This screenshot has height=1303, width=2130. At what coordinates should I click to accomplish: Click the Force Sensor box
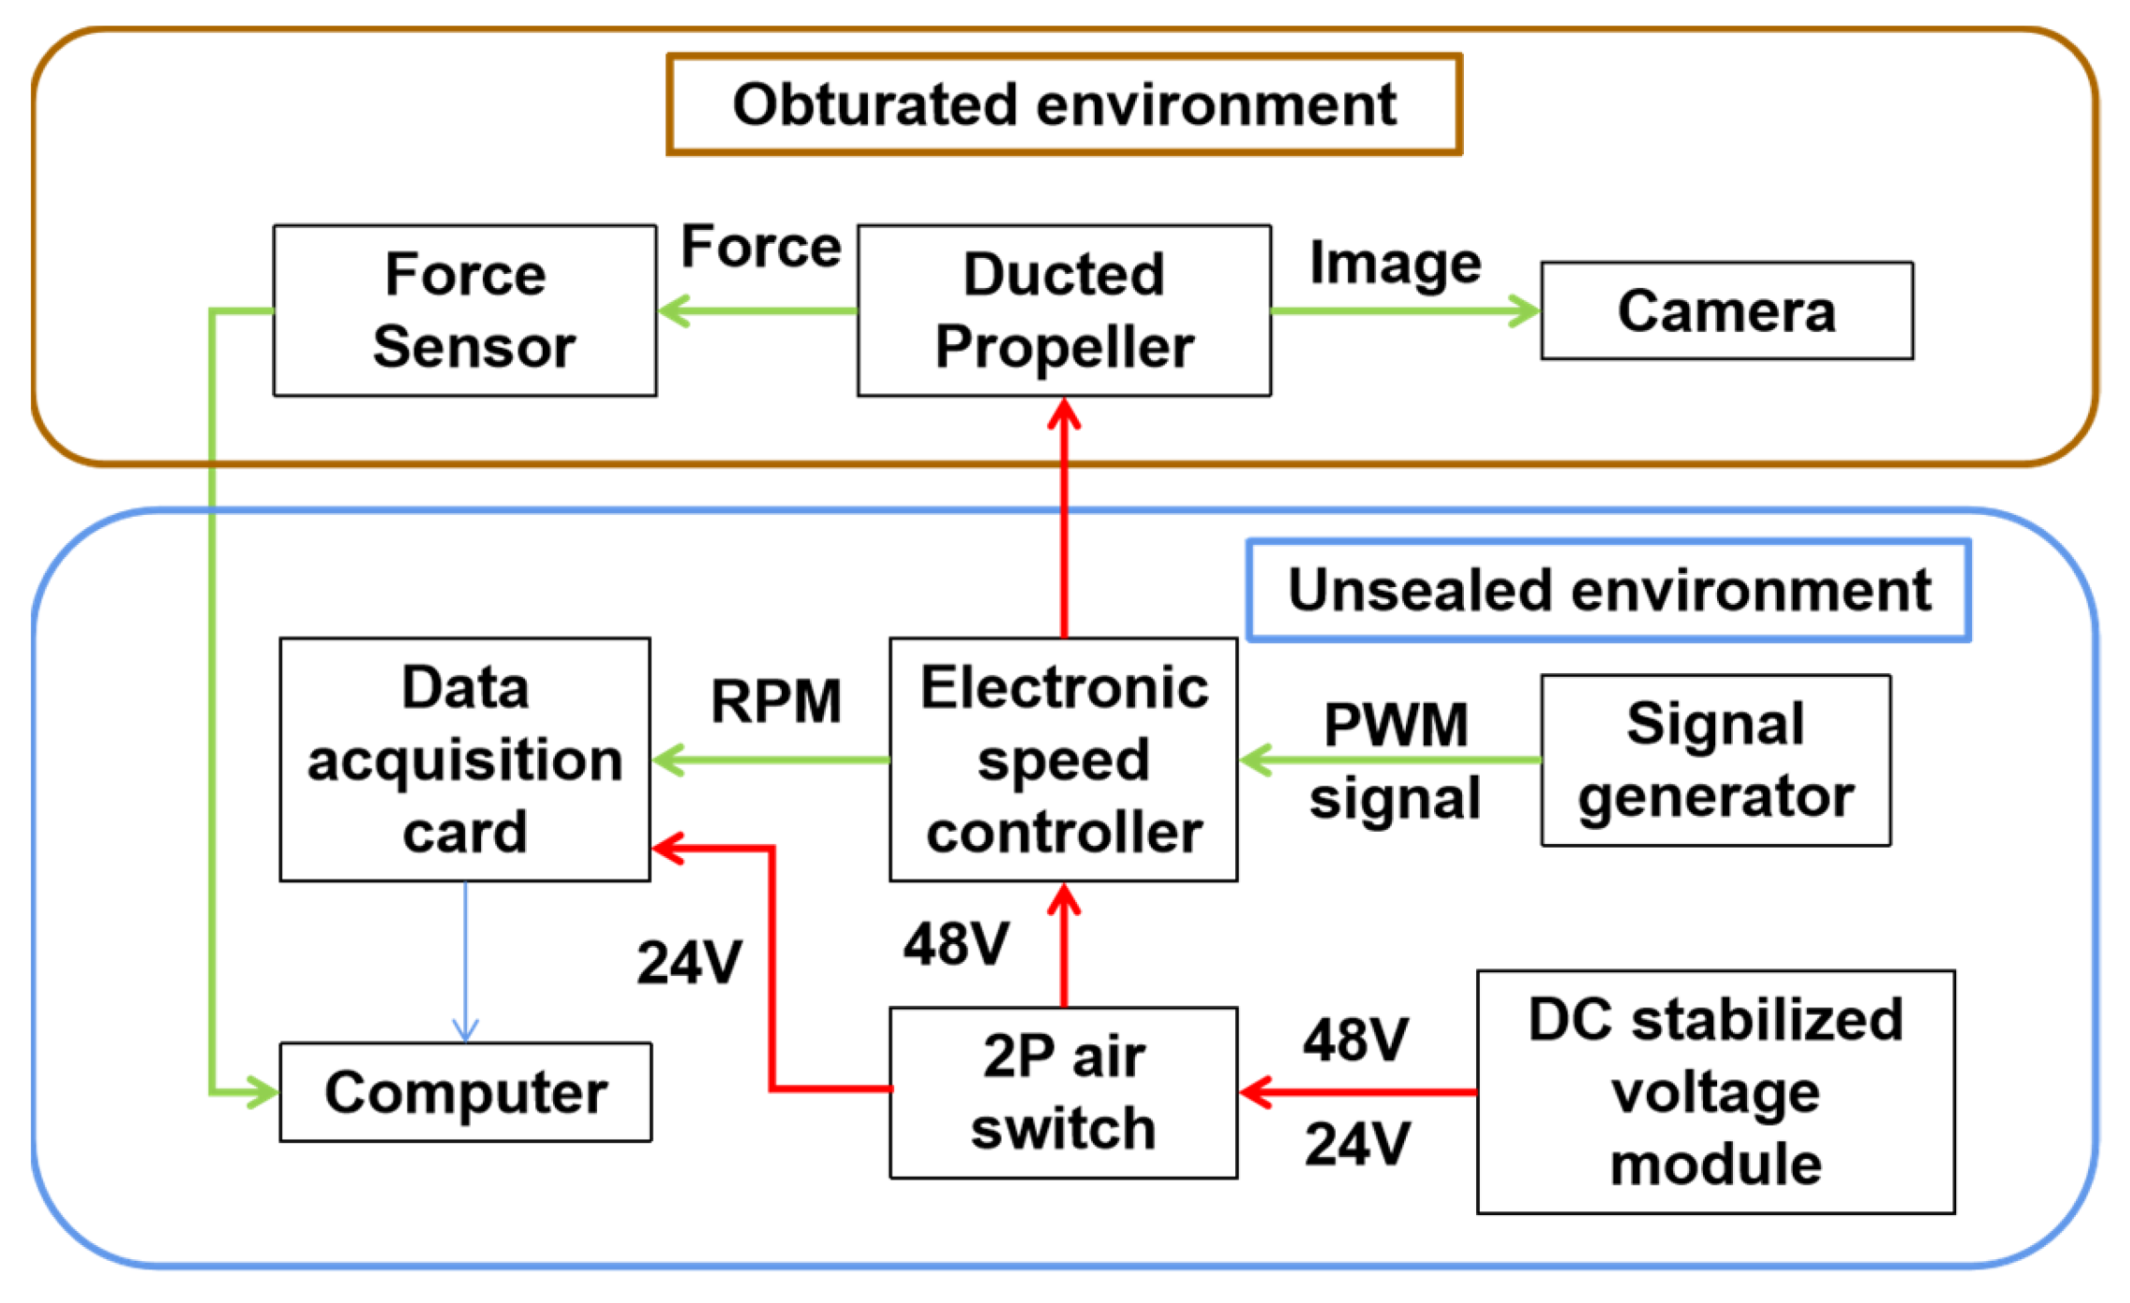coord(464,310)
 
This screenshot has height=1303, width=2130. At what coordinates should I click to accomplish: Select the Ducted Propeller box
coord(1064,310)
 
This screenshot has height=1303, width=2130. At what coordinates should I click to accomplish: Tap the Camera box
coord(1726,310)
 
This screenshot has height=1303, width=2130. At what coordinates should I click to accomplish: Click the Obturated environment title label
coord(1064,104)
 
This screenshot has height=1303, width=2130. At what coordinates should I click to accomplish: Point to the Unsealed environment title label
coord(1609,590)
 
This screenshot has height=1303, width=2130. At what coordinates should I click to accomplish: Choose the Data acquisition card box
coord(464,759)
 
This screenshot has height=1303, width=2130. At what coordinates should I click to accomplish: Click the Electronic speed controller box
coord(1064,759)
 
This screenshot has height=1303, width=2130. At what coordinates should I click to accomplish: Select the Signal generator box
coord(1716,760)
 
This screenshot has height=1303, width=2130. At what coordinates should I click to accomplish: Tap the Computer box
coord(465,1092)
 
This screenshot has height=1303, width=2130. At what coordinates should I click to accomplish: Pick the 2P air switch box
coord(1064,1092)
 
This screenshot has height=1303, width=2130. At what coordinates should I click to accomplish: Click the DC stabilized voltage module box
coord(1715,1092)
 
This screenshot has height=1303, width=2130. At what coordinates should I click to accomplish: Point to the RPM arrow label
coord(775,701)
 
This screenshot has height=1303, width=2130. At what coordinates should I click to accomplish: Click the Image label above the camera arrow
coord(1395,265)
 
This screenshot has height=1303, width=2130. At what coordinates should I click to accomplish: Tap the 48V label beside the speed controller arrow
coord(956,943)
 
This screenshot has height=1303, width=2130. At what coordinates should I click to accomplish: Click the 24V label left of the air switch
coord(689,962)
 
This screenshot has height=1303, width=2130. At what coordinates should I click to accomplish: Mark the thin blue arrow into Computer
coord(465,962)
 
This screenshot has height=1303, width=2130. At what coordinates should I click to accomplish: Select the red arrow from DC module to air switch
coord(1357,1092)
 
